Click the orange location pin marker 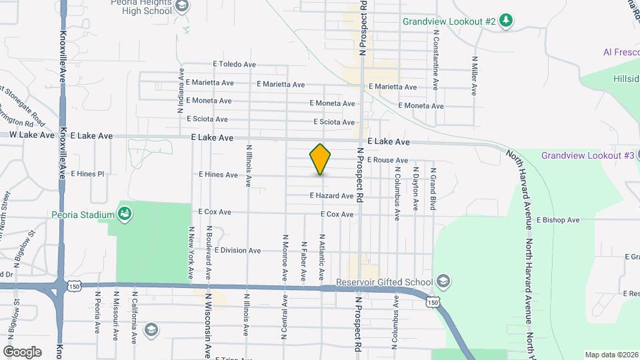(x=320, y=159)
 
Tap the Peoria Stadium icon (x=124, y=214)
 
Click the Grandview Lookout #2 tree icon (x=507, y=21)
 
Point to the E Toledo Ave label (x=235, y=65)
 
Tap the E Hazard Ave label (x=331, y=196)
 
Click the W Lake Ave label (x=32, y=135)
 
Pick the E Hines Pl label (x=87, y=174)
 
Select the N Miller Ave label (x=475, y=75)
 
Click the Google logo (x=22, y=352)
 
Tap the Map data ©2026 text (x=611, y=355)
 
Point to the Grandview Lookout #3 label (x=587, y=155)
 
